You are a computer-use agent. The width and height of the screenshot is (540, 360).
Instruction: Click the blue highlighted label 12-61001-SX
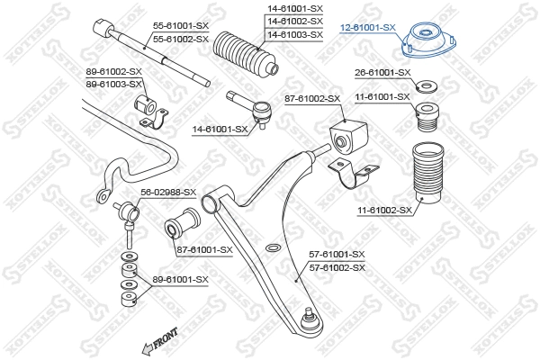(x=369, y=27)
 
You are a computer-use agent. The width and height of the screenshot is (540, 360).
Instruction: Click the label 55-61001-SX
(x=181, y=27)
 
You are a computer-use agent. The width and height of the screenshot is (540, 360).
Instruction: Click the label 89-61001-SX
(x=180, y=280)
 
